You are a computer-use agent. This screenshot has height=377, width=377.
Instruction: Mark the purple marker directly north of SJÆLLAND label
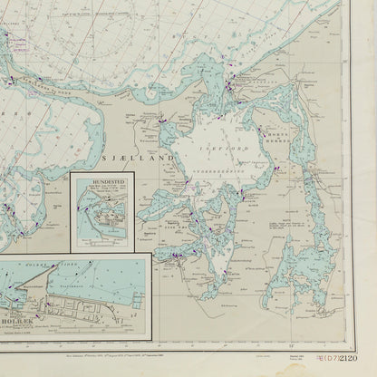(160, 118)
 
